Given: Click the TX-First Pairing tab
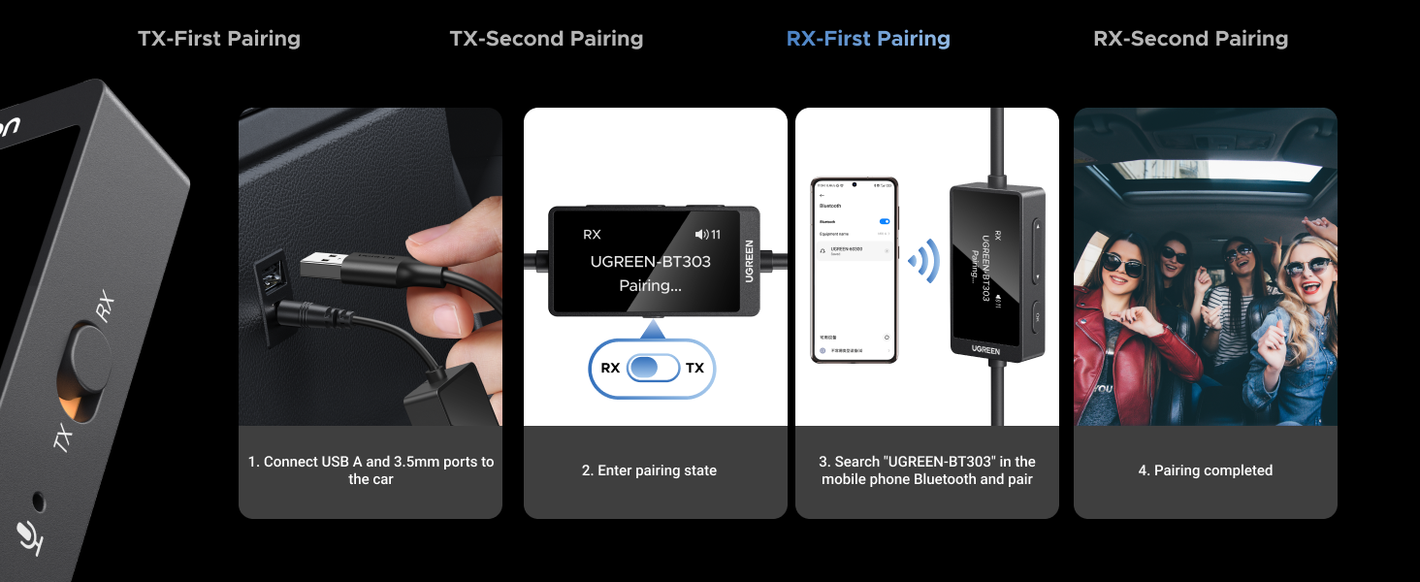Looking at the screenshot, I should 219,39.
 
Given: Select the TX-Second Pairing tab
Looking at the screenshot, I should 546,39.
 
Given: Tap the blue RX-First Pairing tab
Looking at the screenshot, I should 868,39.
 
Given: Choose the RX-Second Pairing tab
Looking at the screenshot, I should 1190,39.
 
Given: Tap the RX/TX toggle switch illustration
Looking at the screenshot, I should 652,369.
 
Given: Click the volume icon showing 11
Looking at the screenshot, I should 708,235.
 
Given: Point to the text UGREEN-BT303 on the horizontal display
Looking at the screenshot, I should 651,262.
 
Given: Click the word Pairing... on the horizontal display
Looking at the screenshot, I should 651,286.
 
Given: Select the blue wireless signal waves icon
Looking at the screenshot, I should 924,259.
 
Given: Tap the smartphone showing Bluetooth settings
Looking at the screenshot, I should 855,270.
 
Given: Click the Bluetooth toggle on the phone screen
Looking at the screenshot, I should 884,221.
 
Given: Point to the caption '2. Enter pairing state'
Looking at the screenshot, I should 649,470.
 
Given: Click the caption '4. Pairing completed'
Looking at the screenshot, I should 1205,470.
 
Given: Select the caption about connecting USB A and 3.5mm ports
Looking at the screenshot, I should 371,470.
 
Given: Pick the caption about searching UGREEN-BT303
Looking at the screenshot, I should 927,470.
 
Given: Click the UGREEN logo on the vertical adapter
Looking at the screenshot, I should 985,347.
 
